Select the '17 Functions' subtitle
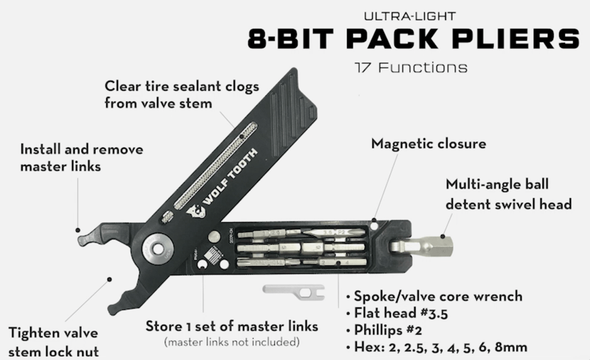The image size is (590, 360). pos(410,66)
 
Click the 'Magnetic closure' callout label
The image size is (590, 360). pos(429,144)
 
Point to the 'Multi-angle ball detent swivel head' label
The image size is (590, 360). pos(508,194)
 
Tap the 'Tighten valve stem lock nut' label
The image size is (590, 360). pos(54,342)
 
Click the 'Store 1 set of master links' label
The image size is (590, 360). pos(232,326)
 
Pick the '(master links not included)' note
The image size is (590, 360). pos(232,342)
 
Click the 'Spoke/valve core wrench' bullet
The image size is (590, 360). pos(437,296)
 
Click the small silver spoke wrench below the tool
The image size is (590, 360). pos(293,290)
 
